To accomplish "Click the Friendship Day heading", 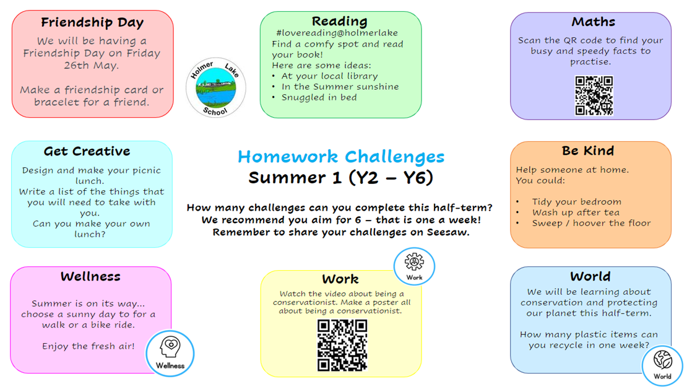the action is pyautogui.click(x=92, y=22).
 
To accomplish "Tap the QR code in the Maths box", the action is pyautogui.click(x=594, y=95).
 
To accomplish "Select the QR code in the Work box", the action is pyautogui.click(x=342, y=345).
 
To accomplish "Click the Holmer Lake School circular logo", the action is pyautogui.click(x=215, y=88).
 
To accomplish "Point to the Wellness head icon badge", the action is pyautogui.click(x=170, y=353).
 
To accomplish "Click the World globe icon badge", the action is pyautogui.click(x=662, y=365).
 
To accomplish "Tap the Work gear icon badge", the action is pyautogui.click(x=414, y=266).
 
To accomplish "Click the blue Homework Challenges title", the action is pyautogui.click(x=341, y=157).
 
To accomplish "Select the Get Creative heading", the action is pyautogui.click(x=87, y=151).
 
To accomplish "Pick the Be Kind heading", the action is pyautogui.click(x=588, y=151).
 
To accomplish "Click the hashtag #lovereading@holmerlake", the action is pyautogui.click(x=337, y=33).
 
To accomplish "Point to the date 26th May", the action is pyautogui.click(x=91, y=66).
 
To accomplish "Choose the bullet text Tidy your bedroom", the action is pyautogui.click(x=577, y=202).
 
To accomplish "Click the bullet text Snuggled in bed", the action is pyautogui.click(x=319, y=97).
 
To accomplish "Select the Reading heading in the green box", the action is pyautogui.click(x=340, y=21).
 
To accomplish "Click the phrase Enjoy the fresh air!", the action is pyautogui.click(x=88, y=346).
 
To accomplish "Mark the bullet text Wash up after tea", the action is pyautogui.click(x=576, y=212).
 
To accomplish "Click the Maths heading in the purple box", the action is pyautogui.click(x=594, y=22).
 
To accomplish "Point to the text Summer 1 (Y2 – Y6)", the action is pyautogui.click(x=340, y=178).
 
